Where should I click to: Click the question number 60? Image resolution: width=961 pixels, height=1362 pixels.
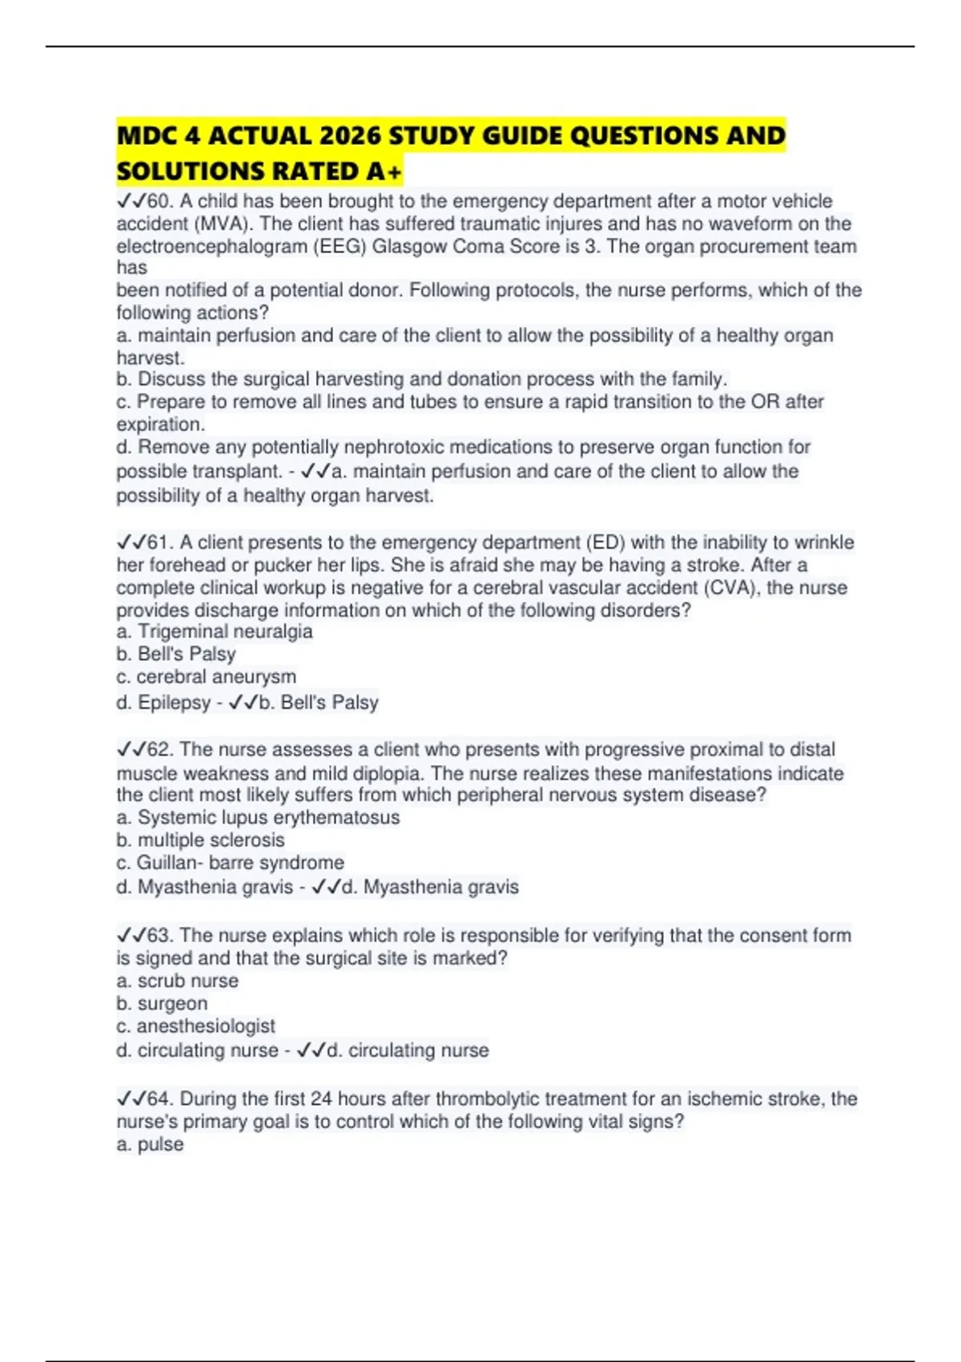pyautogui.click(x=159, y=201)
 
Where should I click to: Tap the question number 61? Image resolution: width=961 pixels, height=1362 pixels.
pyautogui.click(x=159, y=542)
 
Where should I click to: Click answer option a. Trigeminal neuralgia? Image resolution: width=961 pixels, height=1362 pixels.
pyautogui.click(x=215, y=631)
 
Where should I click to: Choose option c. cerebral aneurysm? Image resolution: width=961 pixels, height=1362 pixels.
pyautogui.click(x=206, y=676)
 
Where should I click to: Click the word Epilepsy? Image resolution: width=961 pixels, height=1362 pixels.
pyautogui.click(x=174, y=703)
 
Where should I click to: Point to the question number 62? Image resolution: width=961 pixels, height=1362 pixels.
pyautogui.click(x=159, y=749)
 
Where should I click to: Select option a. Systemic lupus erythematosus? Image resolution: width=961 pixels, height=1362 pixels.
pyautogui.click(x=258, y=817)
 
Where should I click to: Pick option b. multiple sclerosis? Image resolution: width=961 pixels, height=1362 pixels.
pyautogui.click(x=200, y=840)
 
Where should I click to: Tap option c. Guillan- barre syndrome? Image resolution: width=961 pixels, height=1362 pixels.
pyautogui.click(x=230, y=862)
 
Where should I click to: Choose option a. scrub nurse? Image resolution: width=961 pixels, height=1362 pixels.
pyautogui.click(x=177, y=981)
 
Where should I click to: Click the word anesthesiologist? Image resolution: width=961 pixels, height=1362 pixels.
pyautogui.click(x=206, y=1026)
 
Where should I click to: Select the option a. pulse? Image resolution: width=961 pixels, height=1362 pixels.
pyautogui.click(x=150, y=1144)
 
